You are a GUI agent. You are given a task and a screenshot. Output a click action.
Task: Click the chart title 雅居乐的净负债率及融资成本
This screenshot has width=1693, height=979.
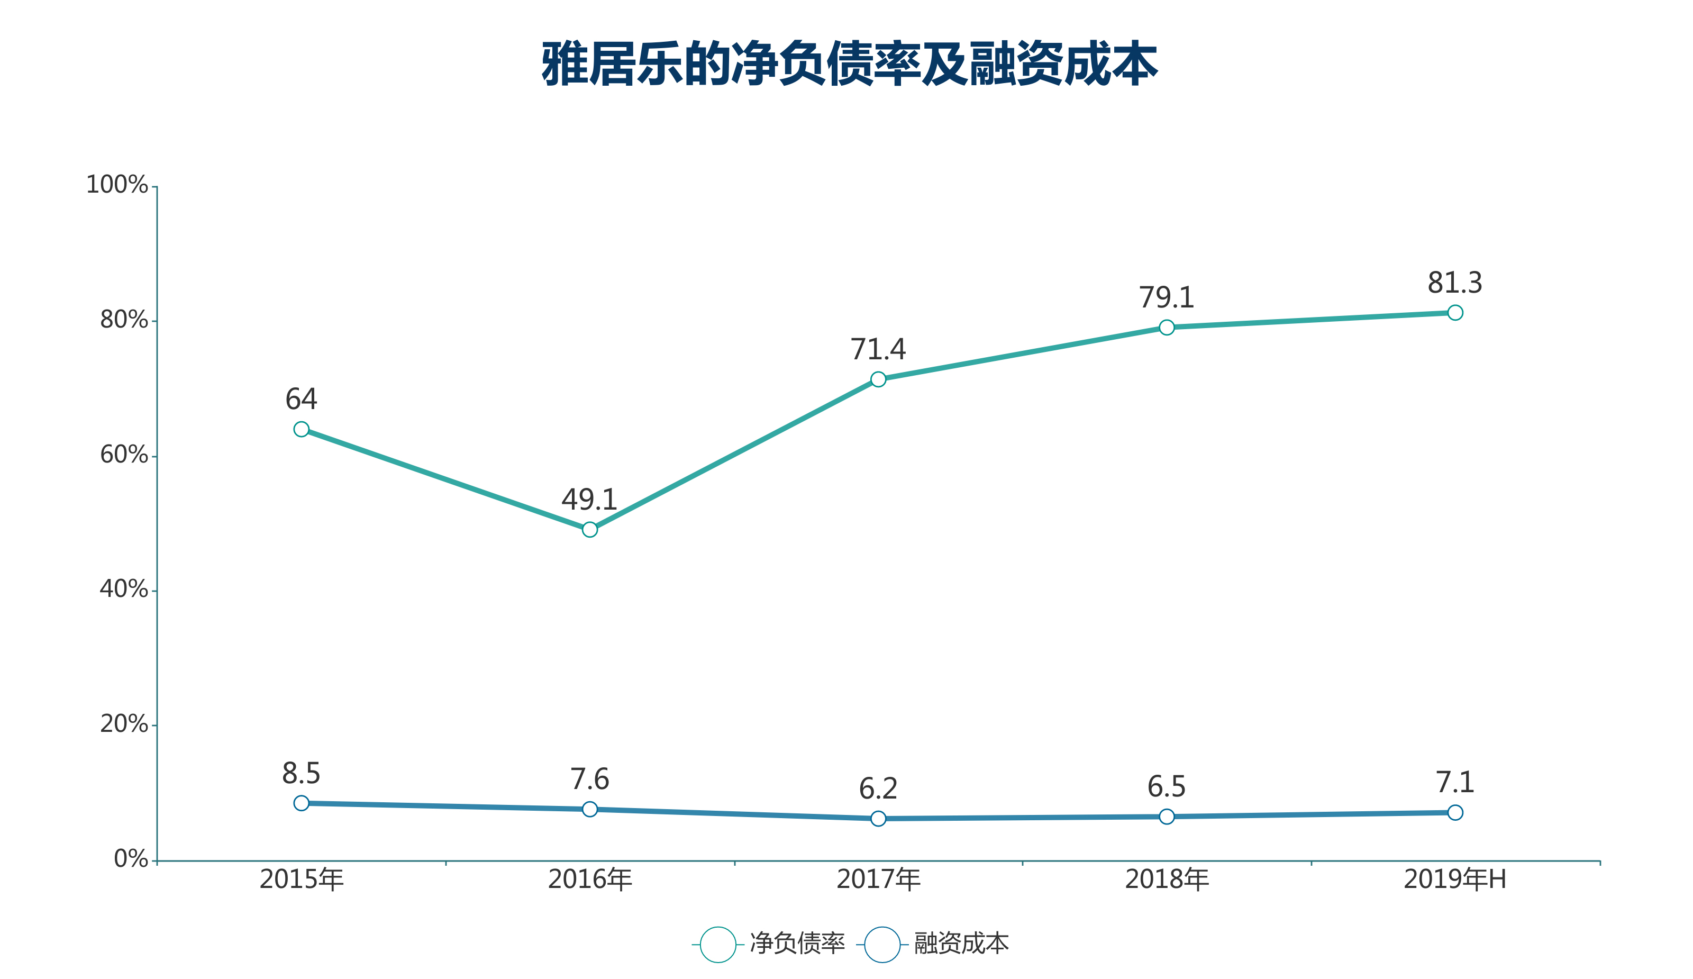tap(849, 64)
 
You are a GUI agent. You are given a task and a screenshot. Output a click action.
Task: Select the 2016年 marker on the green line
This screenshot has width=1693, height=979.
tap(590, 530)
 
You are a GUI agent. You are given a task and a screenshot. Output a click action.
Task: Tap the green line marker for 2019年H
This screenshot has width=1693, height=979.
tap(1455, 312)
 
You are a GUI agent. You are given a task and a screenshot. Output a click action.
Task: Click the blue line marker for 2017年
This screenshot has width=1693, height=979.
tap(878, 819)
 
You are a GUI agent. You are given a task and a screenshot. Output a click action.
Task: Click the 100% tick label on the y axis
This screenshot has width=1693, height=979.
tap(117, 185)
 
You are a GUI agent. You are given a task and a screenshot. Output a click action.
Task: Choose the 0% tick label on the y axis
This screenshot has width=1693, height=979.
tap(131, 859)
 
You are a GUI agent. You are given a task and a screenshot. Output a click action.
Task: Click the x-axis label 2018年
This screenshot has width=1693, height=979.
tap(1167, 880)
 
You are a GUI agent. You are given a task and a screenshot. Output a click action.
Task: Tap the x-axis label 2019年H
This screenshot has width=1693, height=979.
tap(1455, 880)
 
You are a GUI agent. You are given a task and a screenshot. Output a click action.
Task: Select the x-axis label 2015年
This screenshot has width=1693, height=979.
tap(302, 880)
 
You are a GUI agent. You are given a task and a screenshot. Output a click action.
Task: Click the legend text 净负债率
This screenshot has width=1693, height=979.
tap(797, 944)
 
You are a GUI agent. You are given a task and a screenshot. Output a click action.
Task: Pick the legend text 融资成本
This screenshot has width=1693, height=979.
tap(961, 944)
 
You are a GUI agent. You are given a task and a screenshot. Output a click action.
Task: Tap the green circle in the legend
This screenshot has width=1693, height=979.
tap(718, 945)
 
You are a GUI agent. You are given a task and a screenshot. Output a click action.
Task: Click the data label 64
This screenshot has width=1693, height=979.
tap(301, 400)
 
